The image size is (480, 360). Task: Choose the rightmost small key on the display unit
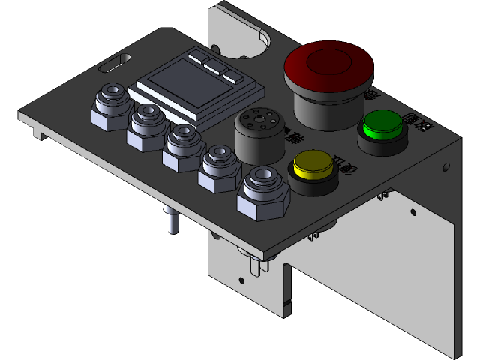click(233, 76)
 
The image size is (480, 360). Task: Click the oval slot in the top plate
click(114, 62)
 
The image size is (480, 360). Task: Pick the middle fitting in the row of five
click(182, 145)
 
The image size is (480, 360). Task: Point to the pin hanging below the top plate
click(171, 222)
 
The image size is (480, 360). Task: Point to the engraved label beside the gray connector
click(295, 138)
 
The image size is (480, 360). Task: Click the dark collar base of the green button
click(381, 142)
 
